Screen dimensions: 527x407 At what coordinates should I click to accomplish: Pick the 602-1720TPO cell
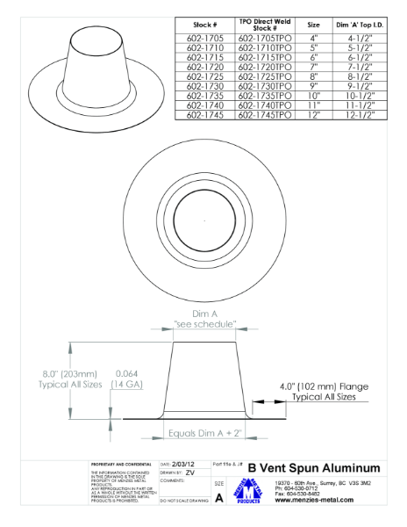click(265, 66)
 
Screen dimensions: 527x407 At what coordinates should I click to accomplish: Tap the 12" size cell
click(314, 114)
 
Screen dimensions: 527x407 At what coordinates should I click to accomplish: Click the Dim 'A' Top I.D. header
click(362, 25)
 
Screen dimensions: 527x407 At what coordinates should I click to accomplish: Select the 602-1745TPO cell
click(265, 114)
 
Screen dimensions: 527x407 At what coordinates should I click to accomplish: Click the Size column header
click(314, 25)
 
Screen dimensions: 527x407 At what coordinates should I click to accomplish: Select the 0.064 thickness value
click(129, 373)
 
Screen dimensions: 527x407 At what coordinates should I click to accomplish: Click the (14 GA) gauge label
click(129, 385)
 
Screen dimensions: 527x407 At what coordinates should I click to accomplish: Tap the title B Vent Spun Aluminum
click(313, 467)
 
